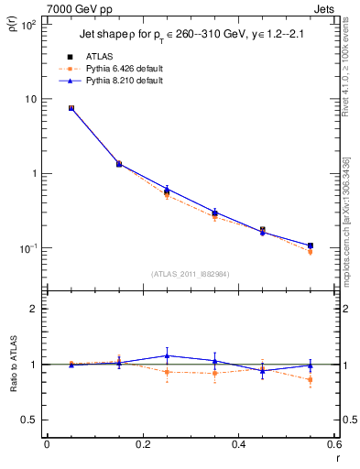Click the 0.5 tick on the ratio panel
[x=29, y=420]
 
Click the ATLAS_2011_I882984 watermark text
[x=191, y=273]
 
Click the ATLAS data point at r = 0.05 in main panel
[x=71, y=108]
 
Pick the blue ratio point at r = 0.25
[x=167, y=355]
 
